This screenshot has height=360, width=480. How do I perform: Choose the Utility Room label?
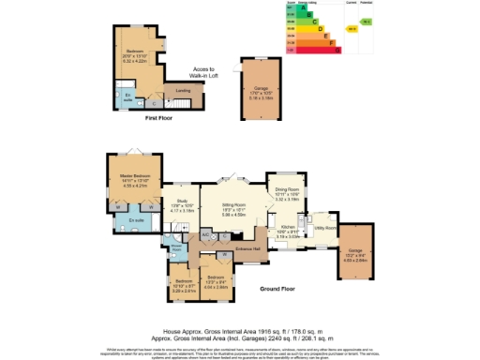(324, 227)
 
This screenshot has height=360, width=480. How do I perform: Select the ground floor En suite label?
(135, 221)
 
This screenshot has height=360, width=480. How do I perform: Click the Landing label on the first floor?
(184, 91)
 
